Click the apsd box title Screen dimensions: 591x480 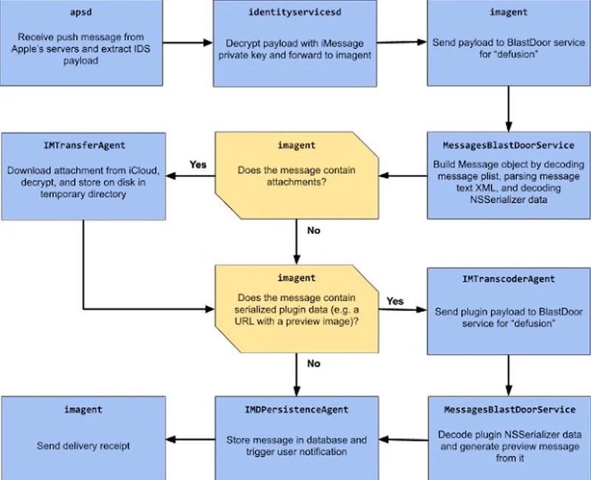tap(81, 13)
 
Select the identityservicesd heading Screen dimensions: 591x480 tap(295, 13)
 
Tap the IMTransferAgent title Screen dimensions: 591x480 tap(84, 145)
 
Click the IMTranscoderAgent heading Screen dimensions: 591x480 tap(509, 279)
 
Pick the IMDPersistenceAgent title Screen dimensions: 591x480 tap(297, 410)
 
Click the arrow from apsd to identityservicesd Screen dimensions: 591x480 tap(187, 43)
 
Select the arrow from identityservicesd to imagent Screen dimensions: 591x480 tap(402, 42)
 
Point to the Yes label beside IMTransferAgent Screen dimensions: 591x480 tap(198, 164)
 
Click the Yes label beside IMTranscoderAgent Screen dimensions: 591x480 tap(395, 301)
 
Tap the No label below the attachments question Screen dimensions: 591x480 tap(313, 230)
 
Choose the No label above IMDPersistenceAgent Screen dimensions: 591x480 tap(313, 364)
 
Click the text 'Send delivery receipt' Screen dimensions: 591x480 tap(83, 446)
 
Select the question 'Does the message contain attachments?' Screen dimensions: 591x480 tap(296, 176)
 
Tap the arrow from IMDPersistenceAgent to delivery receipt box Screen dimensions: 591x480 tap(190, 439)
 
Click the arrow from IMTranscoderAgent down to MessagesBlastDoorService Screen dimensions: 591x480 tap(509, 375)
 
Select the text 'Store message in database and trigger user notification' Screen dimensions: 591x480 tap(297, 446)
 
